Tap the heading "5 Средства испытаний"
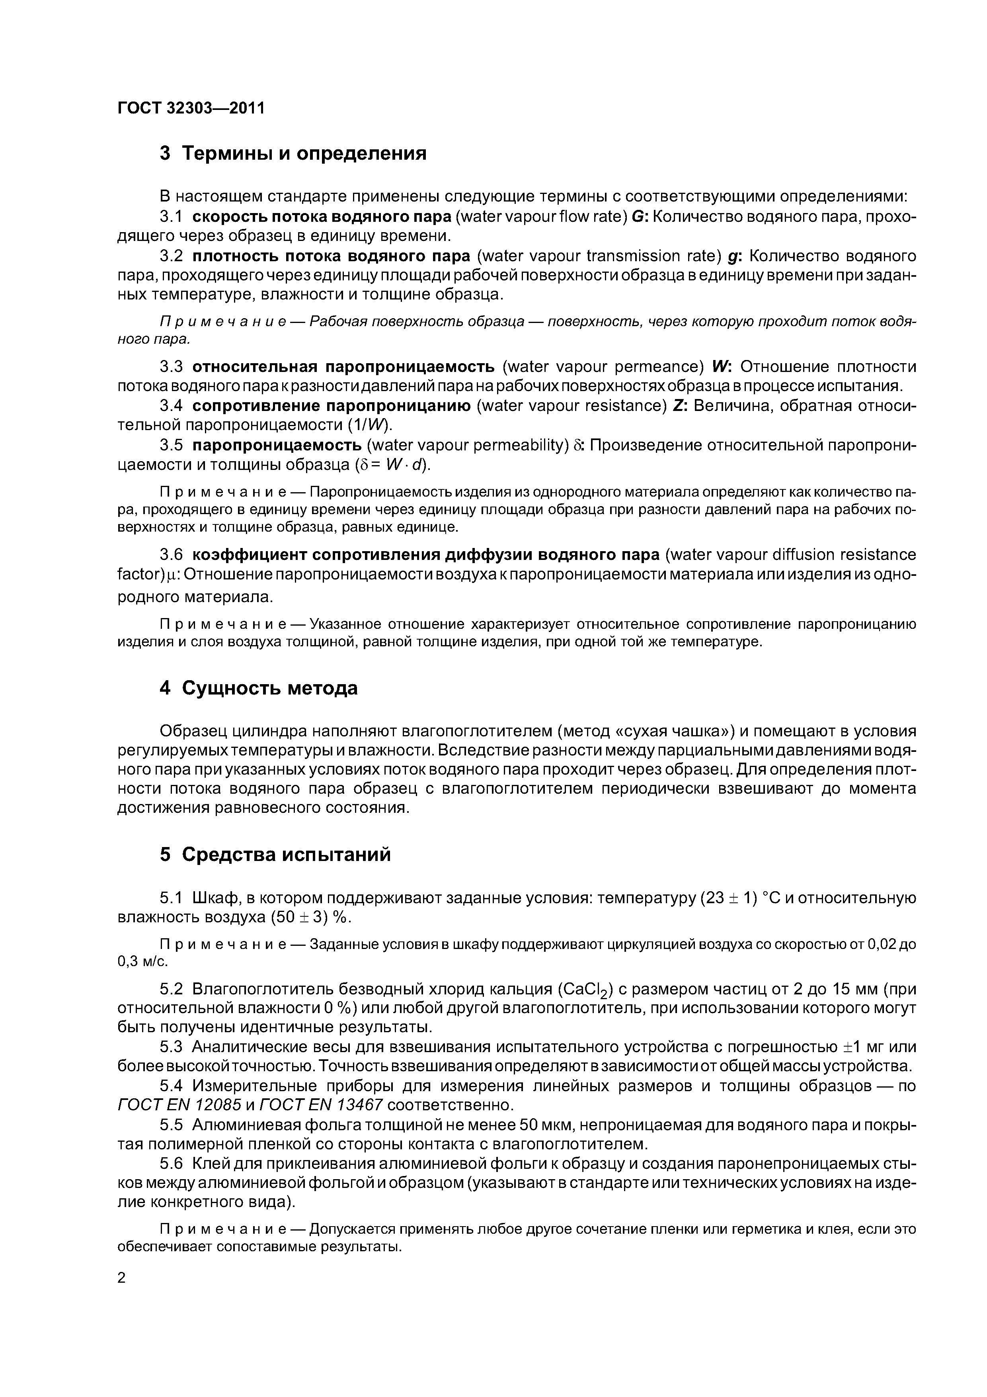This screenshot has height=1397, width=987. [275, 855]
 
